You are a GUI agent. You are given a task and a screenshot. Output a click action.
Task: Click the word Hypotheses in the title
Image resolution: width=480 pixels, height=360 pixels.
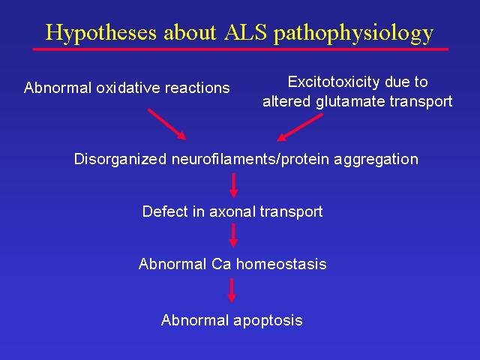(x=101, y=33)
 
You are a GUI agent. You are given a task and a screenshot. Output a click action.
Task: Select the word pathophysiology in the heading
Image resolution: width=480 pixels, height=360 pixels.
(x=353, y=34)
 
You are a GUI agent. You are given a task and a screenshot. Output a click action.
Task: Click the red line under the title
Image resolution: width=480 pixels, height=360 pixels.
(x=241, y=49)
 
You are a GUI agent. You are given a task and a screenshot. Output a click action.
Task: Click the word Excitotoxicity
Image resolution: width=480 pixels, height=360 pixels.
(x=334, y=82)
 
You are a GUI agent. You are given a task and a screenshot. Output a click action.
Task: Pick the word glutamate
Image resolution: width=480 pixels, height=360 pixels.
(x=350, y=102)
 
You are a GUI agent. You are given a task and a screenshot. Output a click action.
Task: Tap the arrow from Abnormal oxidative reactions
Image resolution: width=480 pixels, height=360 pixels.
(x=166, y=124)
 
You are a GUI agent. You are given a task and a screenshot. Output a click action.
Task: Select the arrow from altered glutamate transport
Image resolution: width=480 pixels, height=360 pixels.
(x=300, y=127)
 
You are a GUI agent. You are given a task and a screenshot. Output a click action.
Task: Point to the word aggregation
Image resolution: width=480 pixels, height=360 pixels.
(x=376, y=160)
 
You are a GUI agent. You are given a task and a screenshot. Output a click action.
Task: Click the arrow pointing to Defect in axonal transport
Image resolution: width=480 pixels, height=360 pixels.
(x=234, y=185)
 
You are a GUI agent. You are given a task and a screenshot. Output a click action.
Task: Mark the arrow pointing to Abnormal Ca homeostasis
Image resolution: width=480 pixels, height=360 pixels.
(x=233, y=235)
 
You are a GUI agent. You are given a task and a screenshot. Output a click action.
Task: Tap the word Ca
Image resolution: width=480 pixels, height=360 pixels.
(x=221, y=264)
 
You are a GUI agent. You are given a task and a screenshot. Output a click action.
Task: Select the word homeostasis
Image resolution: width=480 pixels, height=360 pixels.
(x=281, y=264)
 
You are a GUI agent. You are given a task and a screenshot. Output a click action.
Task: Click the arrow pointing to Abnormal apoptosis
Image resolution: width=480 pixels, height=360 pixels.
(x=232, y=290)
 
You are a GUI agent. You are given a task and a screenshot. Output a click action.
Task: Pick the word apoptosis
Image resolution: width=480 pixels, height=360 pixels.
(x=268, y=321)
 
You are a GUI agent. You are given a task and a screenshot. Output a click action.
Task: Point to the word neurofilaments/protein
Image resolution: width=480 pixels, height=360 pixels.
(x=250, y=160)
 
